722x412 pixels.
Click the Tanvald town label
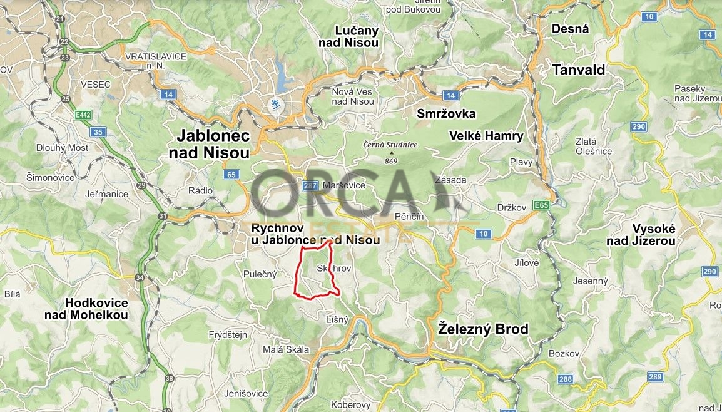coord(579,70)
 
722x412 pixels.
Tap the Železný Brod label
coord(483,329)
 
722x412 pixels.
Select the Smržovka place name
coord(446,113)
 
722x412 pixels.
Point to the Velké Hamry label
coord(486,136)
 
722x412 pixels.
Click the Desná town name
coord(570,29)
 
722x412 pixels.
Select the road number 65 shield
coord(231,175)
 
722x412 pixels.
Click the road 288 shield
coord(565,379)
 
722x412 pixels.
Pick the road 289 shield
coord(655,376)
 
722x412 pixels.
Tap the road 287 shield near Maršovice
coord(310,185)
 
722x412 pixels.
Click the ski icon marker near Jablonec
coord(274,105)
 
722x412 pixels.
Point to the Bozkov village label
coord(561,354)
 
